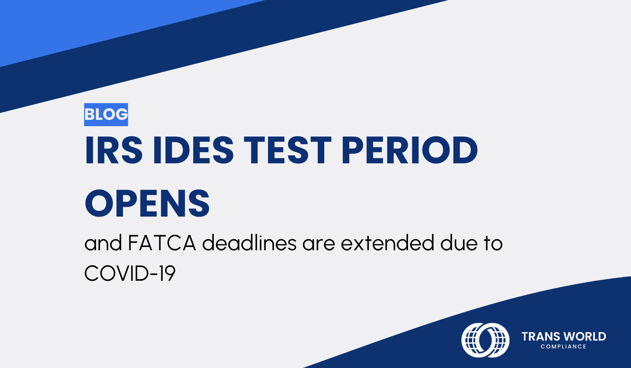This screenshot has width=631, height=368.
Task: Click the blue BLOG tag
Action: (106, 115)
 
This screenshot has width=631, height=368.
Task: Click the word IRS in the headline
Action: (114, 151)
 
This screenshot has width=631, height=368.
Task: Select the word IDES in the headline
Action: (193, 151)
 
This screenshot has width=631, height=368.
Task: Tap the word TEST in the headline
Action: (287, 151)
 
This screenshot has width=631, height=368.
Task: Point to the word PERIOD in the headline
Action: (409, 151)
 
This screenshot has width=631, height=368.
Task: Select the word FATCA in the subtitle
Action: (162, 243)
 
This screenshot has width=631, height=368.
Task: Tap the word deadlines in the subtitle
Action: (249, 243)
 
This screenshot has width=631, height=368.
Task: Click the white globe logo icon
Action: (485, 340)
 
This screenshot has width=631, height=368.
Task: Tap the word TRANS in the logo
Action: (541, 337)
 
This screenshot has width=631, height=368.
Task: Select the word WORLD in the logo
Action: (586, 337)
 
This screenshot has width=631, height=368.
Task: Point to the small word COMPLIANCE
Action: (563, 347)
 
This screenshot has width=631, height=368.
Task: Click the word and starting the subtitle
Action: (103, 243)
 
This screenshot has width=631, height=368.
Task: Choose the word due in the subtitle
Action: (459, 243)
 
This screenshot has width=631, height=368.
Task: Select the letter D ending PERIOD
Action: (465, 151)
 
